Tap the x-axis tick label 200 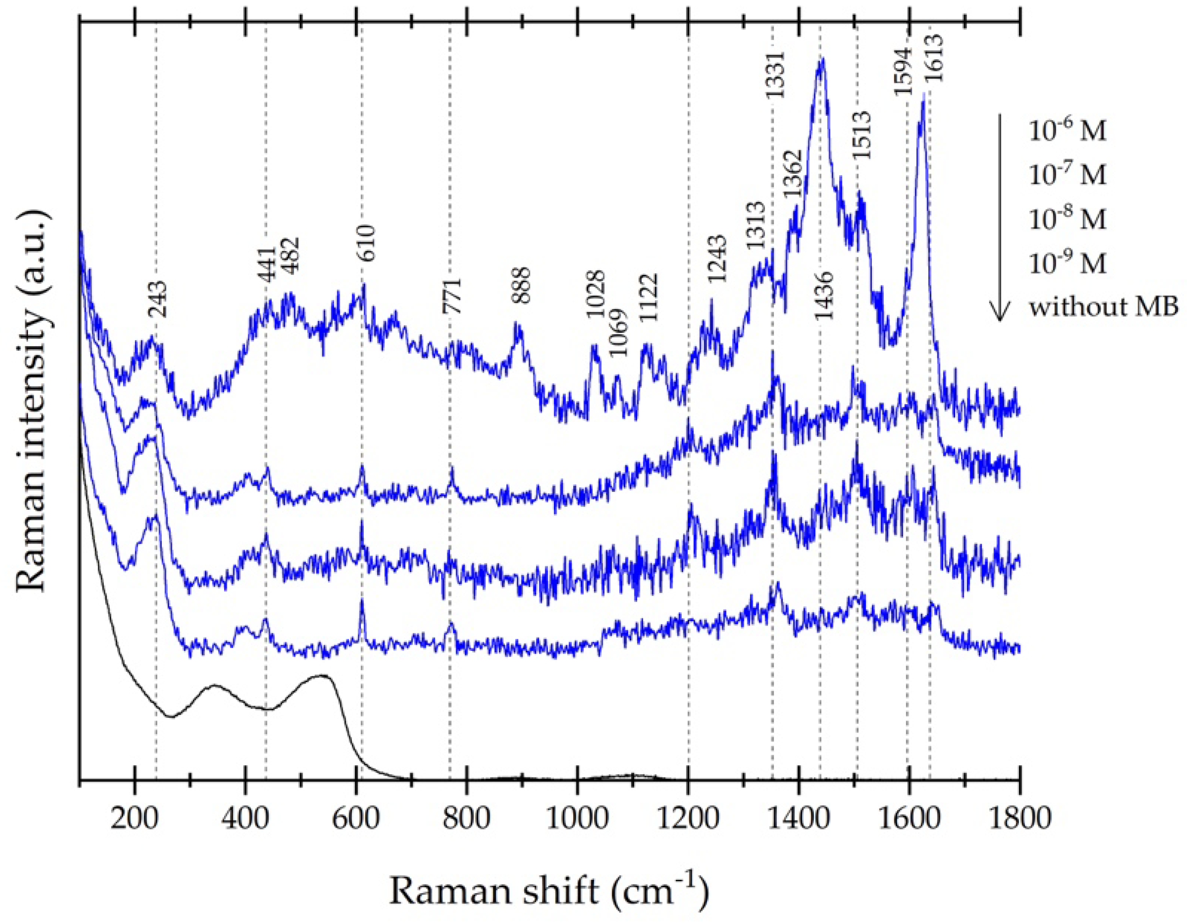pos(134,818)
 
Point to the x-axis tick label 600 pos(356,818)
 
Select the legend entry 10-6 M pos(1068,131)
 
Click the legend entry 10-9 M pos(1068,264)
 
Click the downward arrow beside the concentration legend pos(998,217)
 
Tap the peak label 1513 pos(863,134)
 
